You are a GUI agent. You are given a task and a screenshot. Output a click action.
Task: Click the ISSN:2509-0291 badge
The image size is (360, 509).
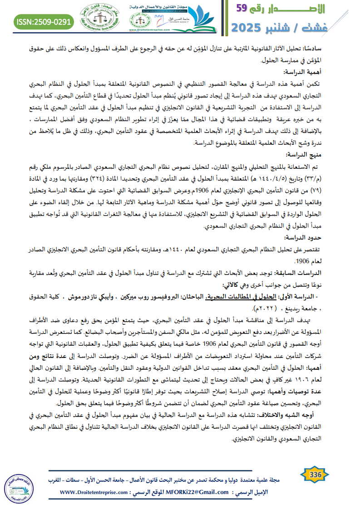point(44,21)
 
